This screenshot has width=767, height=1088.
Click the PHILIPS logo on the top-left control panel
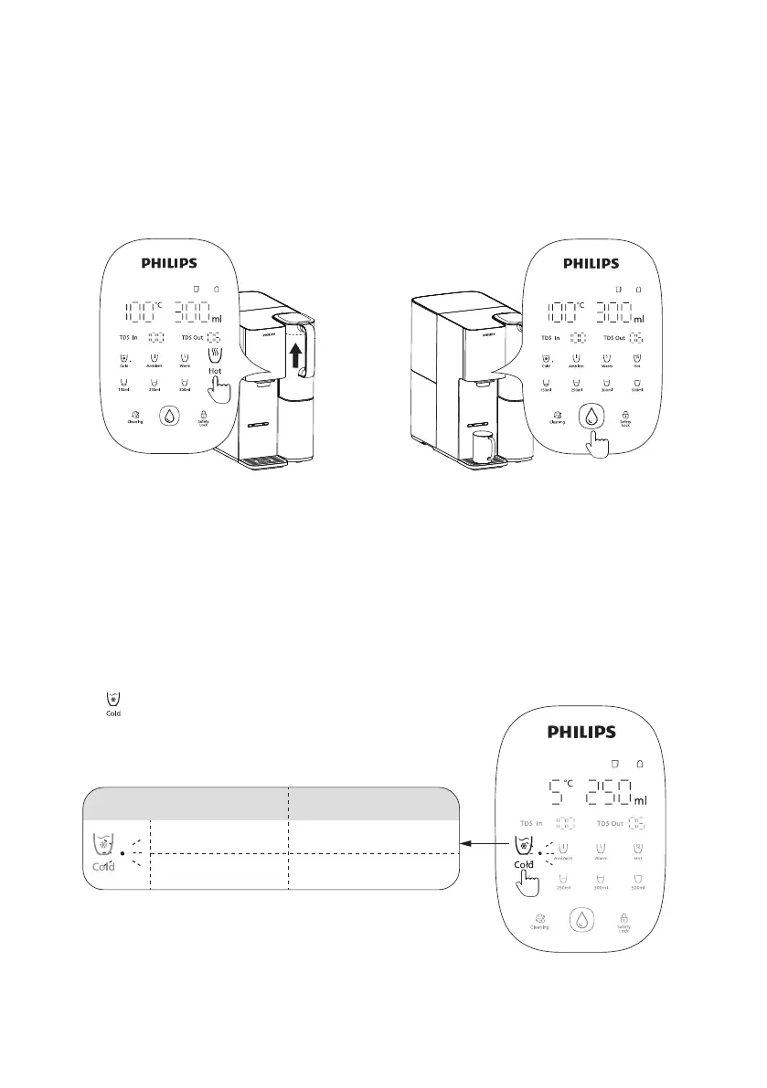pyautogui.click(x=169, y=263)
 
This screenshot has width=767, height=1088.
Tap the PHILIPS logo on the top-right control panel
pyautogui.click(x=591, y=263)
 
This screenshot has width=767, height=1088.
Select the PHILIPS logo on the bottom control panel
pyautogui.click(x=581, y=732)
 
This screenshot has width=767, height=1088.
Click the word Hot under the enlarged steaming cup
pyautogui.click(x=215, y=371)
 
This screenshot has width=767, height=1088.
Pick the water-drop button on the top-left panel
pyautogui.click(x=169, y=416)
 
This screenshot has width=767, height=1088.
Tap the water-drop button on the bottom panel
pyautogui.click(x=581, y=919)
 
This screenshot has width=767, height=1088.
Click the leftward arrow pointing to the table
pyautogui.click(x=478, y=844)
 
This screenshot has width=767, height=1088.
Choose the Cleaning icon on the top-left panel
pyautogui.click(x=134, y=417)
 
